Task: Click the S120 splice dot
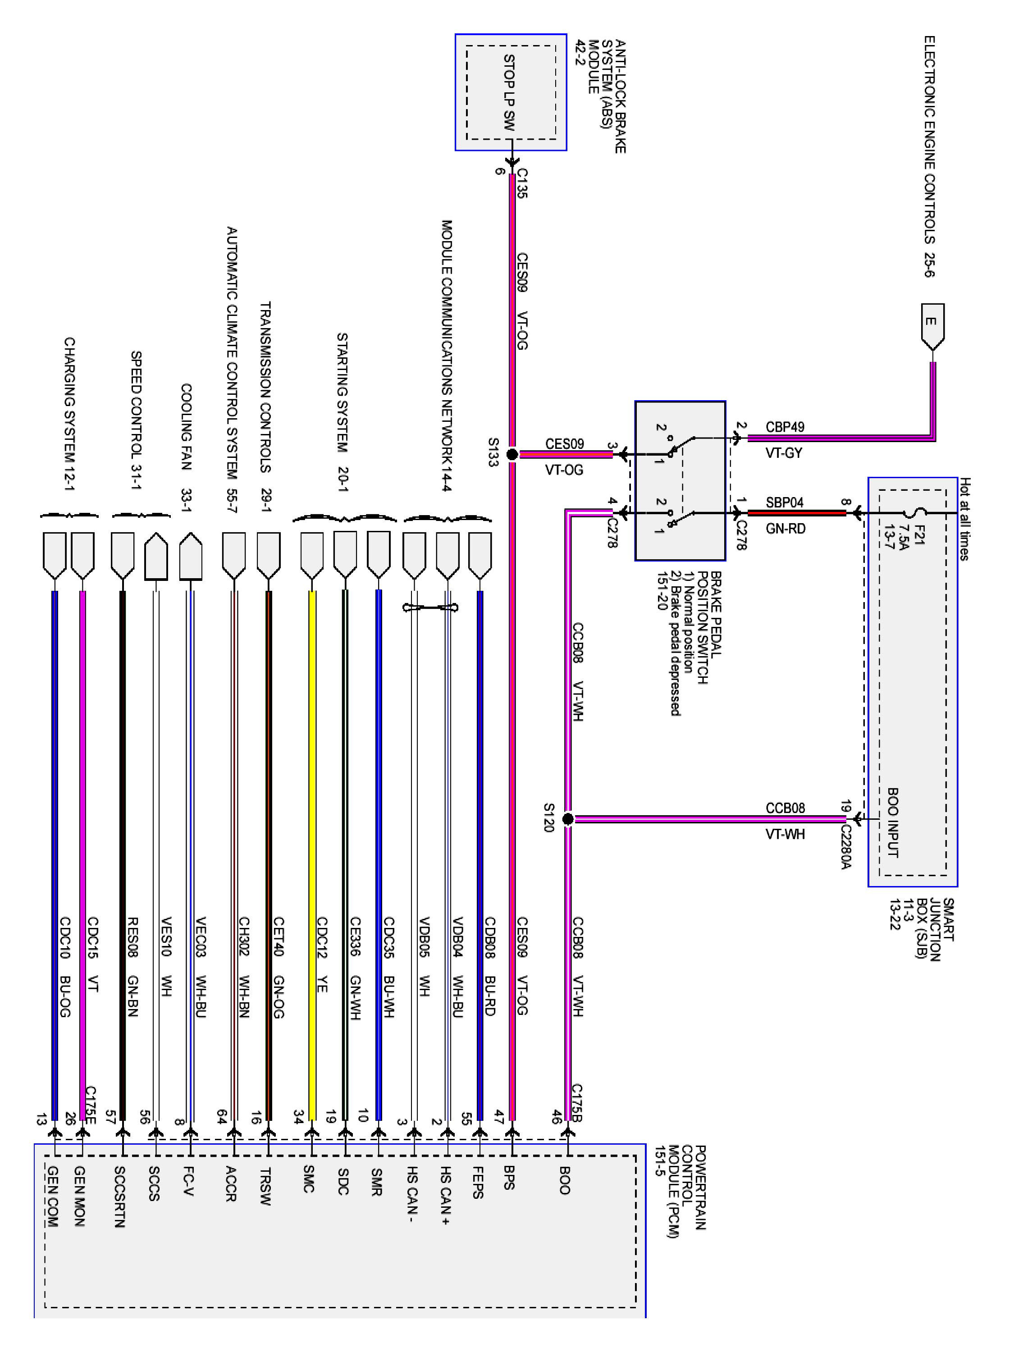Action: pyautogui.click(x=567, y=818)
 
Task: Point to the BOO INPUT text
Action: pyautogui.click(x=893, y=822)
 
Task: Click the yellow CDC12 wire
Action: pyautogui.click(x=312, y=795)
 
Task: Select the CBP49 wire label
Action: pyautogui.click(x=785, y=427)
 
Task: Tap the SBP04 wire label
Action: pyautogui.click(x=785, y=502)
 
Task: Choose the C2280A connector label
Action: pyautogui.click(x=846, y=847)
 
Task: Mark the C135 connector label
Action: pyautogui.click(x=522, y=183)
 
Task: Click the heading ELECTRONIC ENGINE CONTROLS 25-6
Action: pyautogui.click(x=929, y=156)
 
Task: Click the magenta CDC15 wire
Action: pyautogui.click(x=83, y=795)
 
